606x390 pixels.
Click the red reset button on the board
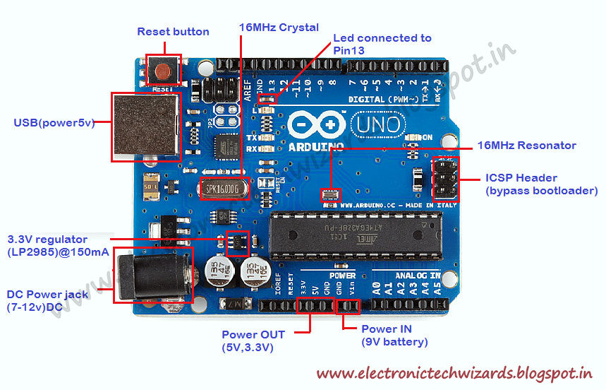tap(163, 71)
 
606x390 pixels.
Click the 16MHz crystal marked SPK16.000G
tap(225, 189)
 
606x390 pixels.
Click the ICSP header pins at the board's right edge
tap(445, 177)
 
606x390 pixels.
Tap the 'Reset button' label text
tap(173, 32)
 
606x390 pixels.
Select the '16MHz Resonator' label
tap(526, 146)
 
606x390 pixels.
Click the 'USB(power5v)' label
tap(54, 122)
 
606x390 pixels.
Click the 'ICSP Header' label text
tap(521, 178)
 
